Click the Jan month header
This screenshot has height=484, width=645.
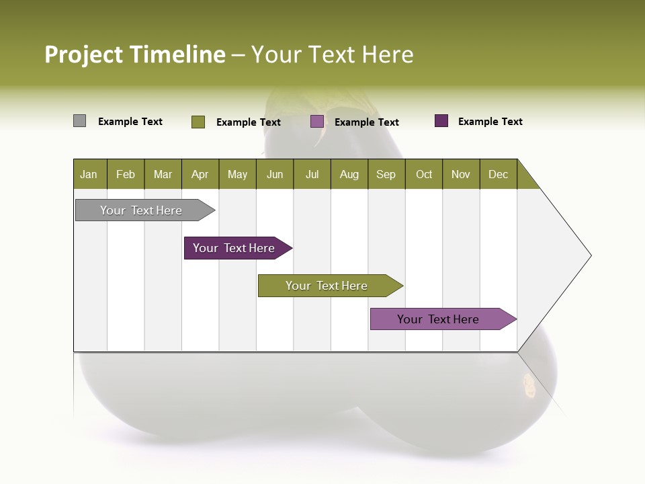coord(89,174)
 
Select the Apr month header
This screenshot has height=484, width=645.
coord(200,174)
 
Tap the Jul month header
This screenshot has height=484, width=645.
coord(312,174)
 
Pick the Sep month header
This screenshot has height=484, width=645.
coord(386,174)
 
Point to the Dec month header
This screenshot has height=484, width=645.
coord(499,174)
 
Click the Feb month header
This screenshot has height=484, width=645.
coord(126,174)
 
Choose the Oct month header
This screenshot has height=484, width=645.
coord(424,174)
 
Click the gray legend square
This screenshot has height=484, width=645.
coord(79,121)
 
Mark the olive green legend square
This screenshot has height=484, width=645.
coord(198,122)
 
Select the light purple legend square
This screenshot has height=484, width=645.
coord(317,122)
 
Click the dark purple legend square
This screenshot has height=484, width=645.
coord(441,121)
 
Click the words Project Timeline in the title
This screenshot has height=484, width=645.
coord(135,54)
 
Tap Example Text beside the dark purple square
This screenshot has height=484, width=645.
coord(490,122)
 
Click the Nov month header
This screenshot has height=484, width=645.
coord(461,174)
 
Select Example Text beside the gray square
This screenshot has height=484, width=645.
coord(130,122)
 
